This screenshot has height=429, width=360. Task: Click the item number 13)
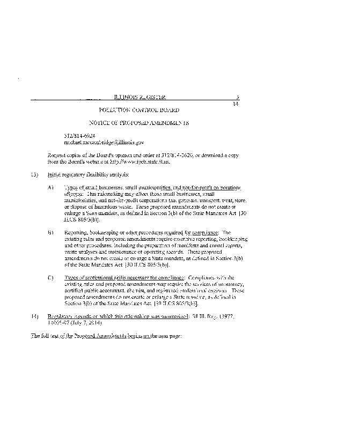(x=35, y=175)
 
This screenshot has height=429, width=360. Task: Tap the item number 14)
(x=35, y=317)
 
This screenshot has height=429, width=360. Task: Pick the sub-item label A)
(x=51, y=187)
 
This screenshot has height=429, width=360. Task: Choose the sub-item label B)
(x=51, y=233)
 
